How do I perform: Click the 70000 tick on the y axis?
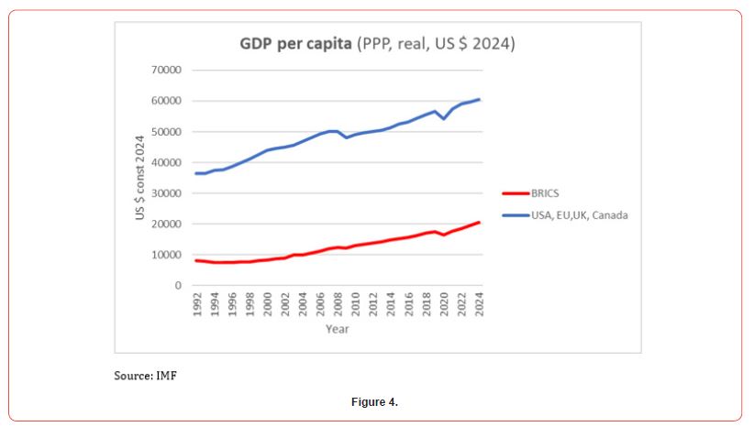(168, 70)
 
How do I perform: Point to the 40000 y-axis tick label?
(168, 162)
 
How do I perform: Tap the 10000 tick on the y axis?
(168, 255)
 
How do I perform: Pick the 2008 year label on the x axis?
(338, 305)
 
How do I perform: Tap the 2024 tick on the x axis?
(479, 305)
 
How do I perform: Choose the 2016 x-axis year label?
(409, 305)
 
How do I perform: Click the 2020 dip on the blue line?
(444, 118)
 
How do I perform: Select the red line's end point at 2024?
(479, 223)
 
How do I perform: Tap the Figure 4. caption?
(376, 402)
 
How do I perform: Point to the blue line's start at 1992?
(196, 173)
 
